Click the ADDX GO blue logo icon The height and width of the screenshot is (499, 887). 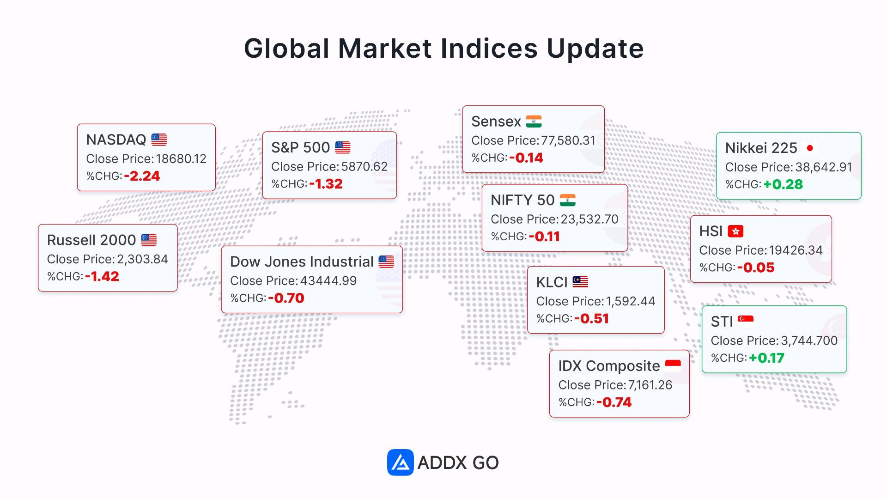click(400, 462)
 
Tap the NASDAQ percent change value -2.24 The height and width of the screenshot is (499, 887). click(142, 176)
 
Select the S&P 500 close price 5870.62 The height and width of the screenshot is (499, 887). click(365, 166)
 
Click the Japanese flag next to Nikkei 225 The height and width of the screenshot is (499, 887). click(810, 148)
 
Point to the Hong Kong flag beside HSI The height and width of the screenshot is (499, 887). click(735, 231)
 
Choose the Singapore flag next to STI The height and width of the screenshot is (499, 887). click(746, 321)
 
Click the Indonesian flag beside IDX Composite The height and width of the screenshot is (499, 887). click(673, 366)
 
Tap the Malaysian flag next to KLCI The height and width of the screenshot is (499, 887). click(580, 282)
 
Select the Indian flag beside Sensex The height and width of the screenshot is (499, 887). click(534, 122)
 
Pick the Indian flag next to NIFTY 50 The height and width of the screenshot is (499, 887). click(568, 200)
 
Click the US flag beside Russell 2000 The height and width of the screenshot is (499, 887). click(149, 240)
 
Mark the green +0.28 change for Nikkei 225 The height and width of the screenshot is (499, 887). click(783, 184)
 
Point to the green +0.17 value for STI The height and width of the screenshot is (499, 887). click(767, 358)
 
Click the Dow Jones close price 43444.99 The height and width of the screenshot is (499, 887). click(328, 281)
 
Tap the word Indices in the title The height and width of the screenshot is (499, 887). click(489, 49)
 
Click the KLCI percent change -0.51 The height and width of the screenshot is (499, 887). click(592, 319)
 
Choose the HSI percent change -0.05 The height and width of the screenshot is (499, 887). click(756, 268)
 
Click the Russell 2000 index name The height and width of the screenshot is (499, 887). click(91, 240)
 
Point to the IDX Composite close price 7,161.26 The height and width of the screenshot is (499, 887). click(650, 385)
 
